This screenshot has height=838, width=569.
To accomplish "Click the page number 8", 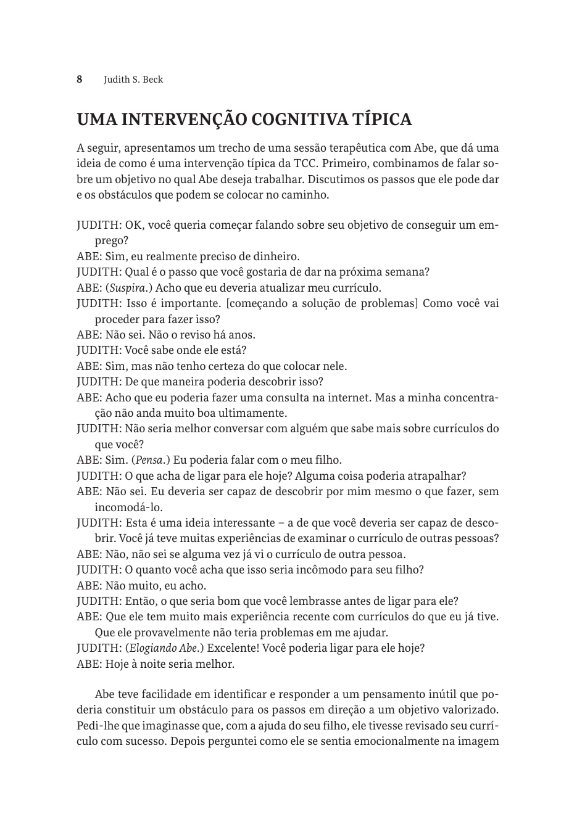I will coord(80,80).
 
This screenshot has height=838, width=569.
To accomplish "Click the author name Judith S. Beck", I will coord(133,80).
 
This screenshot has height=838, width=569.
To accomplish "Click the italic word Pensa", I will coord(148,460).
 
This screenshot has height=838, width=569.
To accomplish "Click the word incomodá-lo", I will coord(128,507).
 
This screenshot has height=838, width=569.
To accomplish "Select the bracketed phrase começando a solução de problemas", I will coord(322,303).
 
